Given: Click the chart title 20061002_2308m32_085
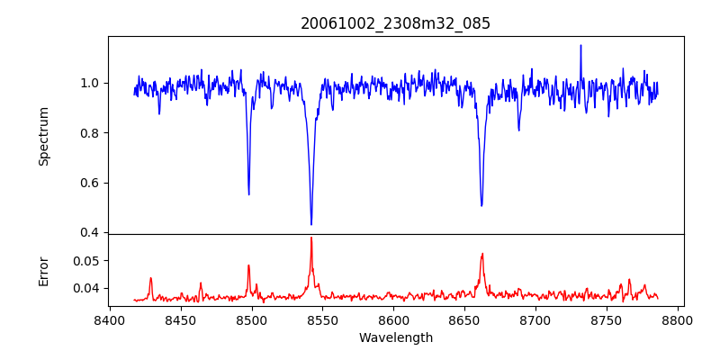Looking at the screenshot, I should point(395,23).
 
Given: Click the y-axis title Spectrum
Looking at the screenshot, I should point(43,135).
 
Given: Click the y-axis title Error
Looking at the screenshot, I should point(43,270).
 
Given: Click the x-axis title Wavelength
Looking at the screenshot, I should point(395,337).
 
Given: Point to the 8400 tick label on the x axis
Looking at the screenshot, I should point(110,319).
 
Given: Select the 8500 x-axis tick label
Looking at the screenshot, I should point(252,319).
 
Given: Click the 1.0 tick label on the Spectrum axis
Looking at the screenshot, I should point(90,83).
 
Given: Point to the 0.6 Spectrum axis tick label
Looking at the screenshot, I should point(90,183).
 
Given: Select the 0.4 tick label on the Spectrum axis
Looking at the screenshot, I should point(90,232).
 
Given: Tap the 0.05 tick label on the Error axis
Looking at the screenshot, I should point(86,260).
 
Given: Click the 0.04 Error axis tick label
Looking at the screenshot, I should point(86,288).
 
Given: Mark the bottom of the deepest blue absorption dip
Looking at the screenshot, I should point(311,224).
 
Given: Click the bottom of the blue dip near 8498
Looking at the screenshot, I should point(249,194).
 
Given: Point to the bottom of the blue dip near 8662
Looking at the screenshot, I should point(481,205).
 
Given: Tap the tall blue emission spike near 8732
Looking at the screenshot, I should point(580,45).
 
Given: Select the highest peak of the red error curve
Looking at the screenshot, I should point(311,238).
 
